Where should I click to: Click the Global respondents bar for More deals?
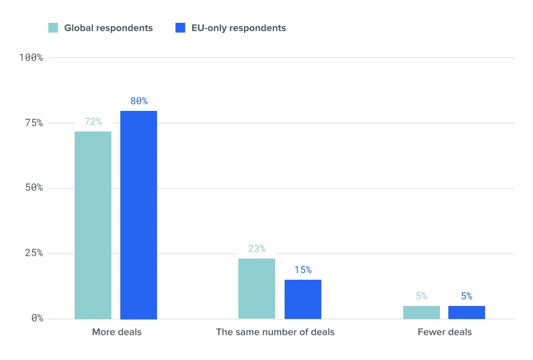93,225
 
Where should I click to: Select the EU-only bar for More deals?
139,215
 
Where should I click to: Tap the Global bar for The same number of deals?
257,289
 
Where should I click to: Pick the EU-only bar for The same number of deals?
303,299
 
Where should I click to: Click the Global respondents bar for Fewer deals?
422,313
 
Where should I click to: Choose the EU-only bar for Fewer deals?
467,313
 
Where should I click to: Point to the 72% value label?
93,121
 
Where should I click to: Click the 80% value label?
139,101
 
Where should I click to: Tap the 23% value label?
257,249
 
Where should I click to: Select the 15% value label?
303,270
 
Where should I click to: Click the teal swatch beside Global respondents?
53,28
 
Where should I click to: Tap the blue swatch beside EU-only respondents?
180,28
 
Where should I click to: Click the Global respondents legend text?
109,28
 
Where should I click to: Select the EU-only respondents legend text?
238,28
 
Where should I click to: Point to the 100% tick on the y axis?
31,57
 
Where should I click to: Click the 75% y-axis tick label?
34,123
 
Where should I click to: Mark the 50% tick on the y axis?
34,187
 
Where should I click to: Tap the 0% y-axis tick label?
37,318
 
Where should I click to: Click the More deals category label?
117,332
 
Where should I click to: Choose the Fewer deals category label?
444,332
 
